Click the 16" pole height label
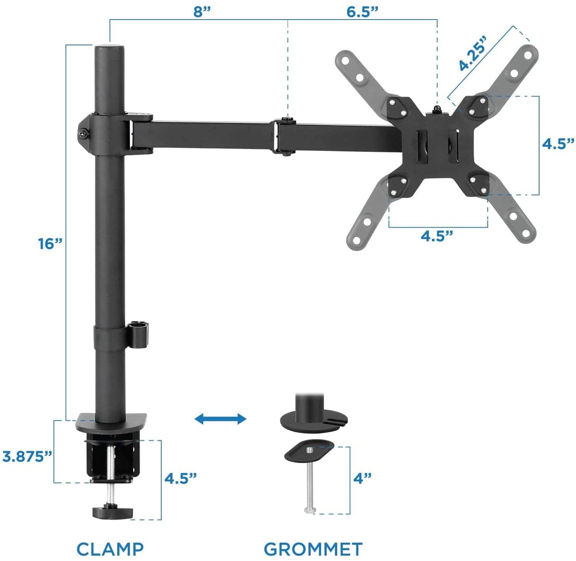(50, 244)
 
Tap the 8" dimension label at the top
(202, 12)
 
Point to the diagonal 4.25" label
(473, 53)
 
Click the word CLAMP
(110, 549)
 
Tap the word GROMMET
(313, 549)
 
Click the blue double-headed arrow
(221, 419)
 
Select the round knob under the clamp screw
(113, 513)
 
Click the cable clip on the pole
(139, 335)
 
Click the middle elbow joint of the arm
(284, 136)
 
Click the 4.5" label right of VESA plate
(558, 144)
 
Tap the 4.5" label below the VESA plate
(437, 236)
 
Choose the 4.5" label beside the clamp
(180, 478)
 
